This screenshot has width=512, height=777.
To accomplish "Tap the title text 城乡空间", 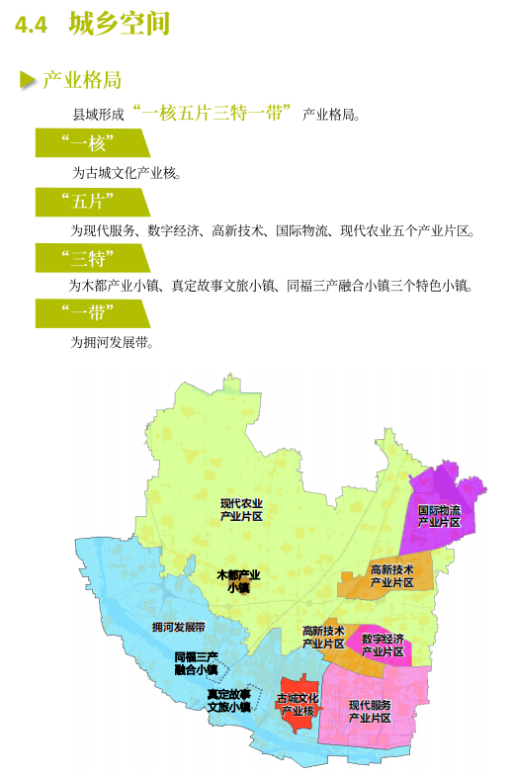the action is (119, 25).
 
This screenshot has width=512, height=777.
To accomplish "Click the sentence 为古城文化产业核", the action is (125, 172).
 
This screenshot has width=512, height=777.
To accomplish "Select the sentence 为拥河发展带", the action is (111, 342).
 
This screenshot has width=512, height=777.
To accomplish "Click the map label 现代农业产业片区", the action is (241, 509).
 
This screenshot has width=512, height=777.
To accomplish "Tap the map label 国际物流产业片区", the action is (439, 516).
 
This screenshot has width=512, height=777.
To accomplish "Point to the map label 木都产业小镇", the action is (238, 580).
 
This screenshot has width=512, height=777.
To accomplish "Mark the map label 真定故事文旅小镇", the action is (228, 700).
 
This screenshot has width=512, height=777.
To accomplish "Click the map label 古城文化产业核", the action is (298, 705).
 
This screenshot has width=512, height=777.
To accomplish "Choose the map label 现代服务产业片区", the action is (370, 711).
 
